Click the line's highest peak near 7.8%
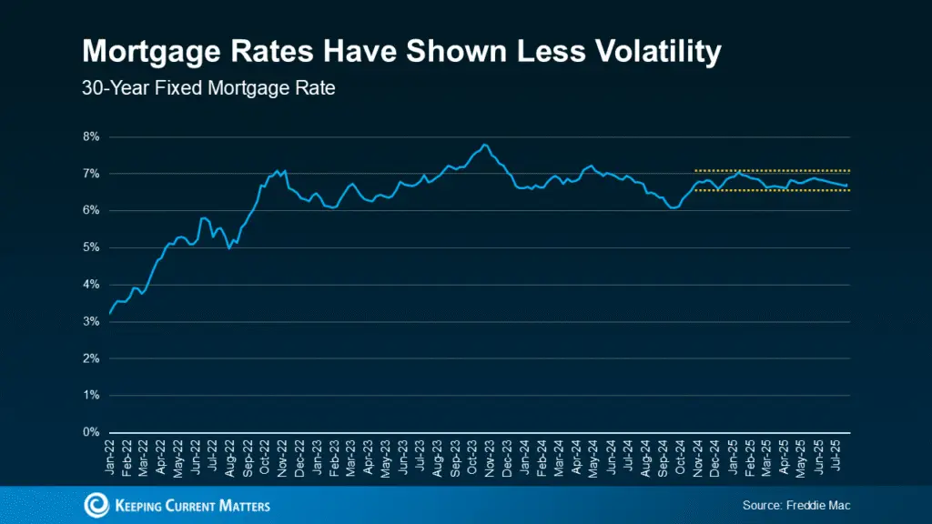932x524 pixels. [x=484, y=145]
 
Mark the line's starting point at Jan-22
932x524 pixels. [x=110, y=313]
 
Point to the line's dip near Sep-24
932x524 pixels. [x=672, y=207]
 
